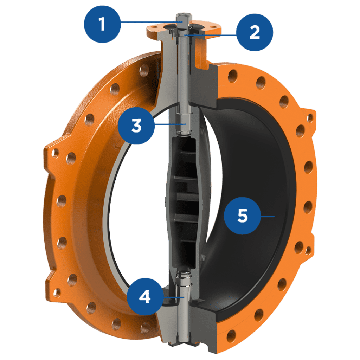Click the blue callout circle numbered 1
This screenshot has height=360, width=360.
tap(102, 24)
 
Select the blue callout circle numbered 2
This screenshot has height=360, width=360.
tap(255, 32)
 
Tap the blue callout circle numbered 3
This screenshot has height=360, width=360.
tap(136, 126)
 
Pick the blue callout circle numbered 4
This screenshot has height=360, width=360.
tap(145, 297)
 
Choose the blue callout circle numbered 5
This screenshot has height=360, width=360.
tap(243, 216)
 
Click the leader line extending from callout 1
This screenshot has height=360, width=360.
tap(152, 22)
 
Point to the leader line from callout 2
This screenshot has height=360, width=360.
tap(211, 35)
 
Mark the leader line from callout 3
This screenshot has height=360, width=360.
tap(170, 124)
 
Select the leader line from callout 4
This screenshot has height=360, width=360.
tap(174, 297)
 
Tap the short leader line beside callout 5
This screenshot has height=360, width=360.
tap(268, 216)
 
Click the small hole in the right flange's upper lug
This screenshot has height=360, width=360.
tap(310, 118)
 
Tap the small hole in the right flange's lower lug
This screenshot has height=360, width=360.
tap(308, 250)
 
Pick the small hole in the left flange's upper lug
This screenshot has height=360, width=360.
tap(55, 153)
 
